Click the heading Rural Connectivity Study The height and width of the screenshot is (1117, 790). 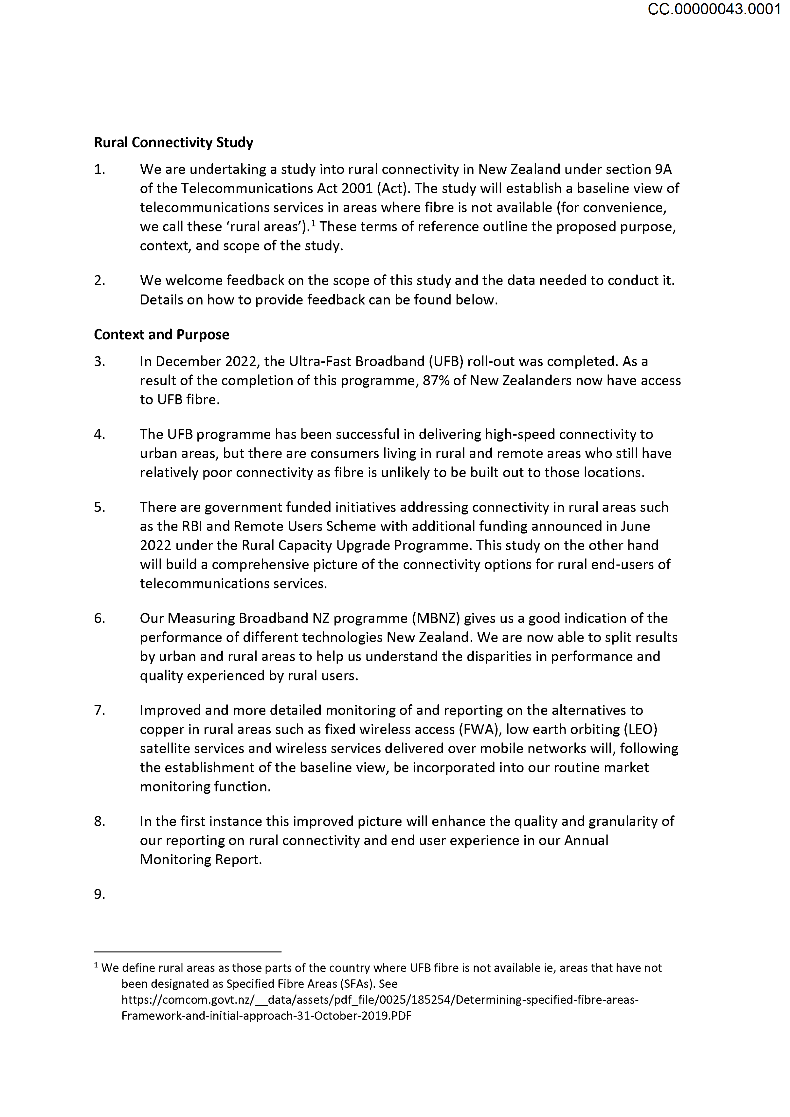173,143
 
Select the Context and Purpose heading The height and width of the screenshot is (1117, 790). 161,335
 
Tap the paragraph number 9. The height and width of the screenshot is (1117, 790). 99,894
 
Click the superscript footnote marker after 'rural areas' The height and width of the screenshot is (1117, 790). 314,223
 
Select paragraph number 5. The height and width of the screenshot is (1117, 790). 99,508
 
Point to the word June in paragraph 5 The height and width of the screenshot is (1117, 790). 635,526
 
